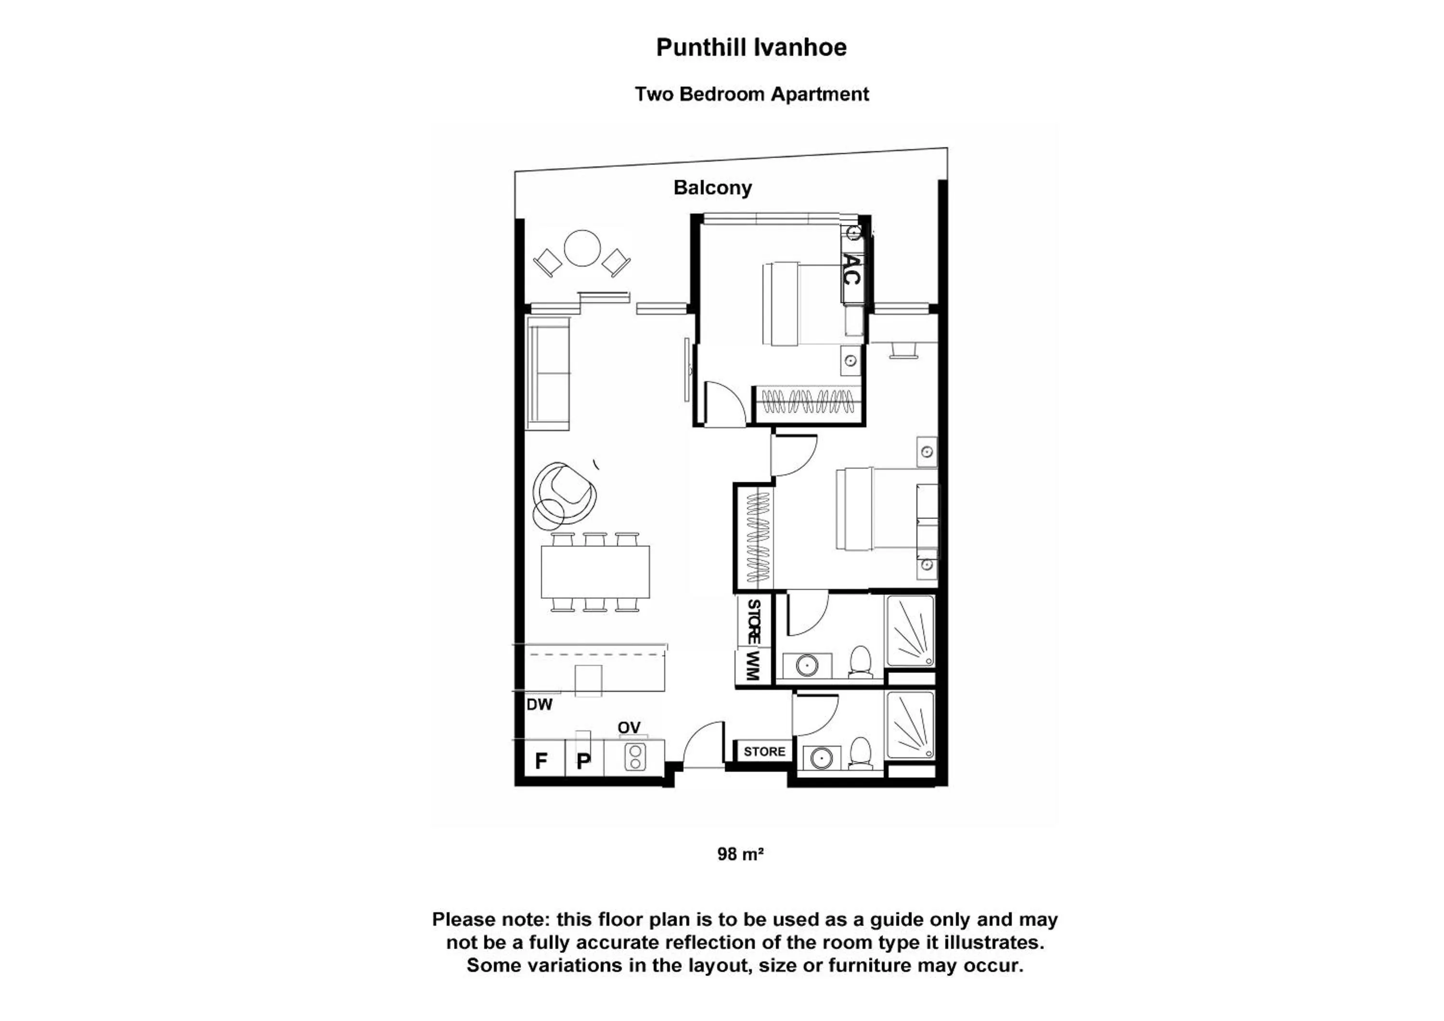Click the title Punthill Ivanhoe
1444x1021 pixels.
point(751,48)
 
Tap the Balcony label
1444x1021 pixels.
point(712,188)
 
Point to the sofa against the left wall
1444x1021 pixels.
point(548,373)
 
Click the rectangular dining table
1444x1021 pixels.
point(595,572)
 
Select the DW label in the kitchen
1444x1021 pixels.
point(540,705)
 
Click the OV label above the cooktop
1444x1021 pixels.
point(629,727)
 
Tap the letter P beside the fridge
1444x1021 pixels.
point(584,761)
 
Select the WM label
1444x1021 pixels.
point(753,666)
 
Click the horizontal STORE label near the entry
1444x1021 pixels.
point(764,751)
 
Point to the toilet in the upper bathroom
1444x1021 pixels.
point(860,663)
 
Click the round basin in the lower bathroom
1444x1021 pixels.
point(821,759)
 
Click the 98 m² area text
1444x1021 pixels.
point(740,854)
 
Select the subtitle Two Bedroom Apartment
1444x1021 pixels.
point(751,94)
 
